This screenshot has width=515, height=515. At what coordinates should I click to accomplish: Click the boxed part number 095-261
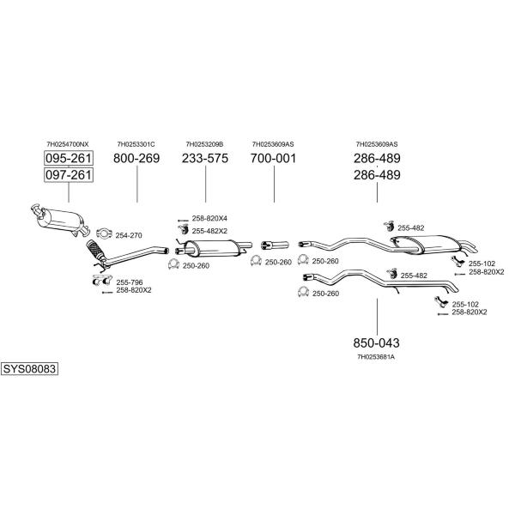69,158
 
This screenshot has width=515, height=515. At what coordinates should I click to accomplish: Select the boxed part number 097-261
69,175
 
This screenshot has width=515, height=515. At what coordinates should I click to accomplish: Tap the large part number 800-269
136,158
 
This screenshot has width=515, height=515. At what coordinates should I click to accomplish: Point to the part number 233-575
205,158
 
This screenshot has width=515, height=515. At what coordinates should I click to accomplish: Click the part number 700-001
273,158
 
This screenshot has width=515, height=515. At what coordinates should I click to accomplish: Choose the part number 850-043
377,342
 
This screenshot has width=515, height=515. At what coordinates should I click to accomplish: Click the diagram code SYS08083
29,369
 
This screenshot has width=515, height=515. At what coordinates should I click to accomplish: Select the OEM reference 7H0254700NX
68,144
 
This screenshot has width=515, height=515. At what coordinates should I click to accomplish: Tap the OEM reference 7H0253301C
136,144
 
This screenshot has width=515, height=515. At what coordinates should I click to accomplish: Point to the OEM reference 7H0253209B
204,144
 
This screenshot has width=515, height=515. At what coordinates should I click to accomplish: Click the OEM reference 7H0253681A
376,357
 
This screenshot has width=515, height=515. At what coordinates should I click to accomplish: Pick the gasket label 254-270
129,235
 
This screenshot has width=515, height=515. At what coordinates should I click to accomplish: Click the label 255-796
130,282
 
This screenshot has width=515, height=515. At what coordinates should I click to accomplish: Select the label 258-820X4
209,218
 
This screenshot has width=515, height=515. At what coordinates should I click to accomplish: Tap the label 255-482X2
209,231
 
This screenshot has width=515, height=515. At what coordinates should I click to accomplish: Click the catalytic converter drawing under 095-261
60,220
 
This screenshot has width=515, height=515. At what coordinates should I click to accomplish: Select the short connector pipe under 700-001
275,245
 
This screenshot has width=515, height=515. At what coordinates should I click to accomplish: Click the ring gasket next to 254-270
104,233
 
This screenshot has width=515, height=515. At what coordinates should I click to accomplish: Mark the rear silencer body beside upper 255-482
433,245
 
